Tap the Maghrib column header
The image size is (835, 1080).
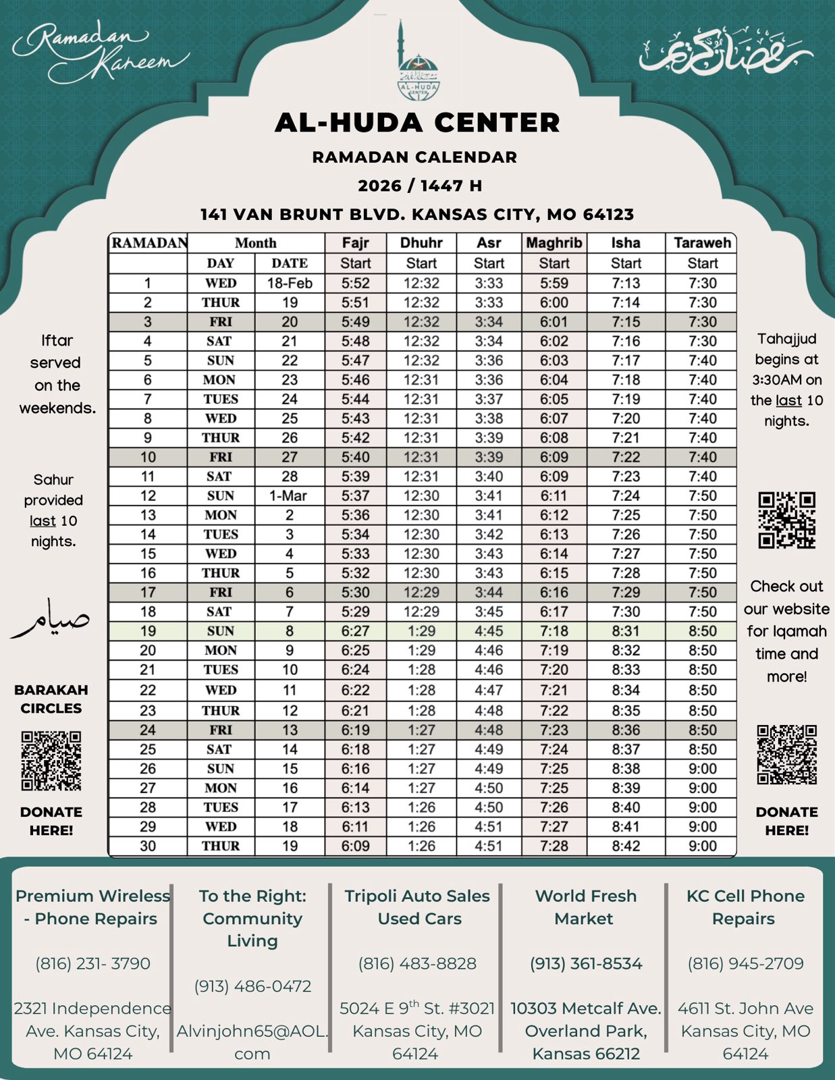click(x=554, y=243)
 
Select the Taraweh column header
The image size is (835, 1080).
click(x=702, y=243)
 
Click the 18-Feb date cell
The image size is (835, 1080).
click(x=290, y=283)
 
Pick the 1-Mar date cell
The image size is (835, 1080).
click(x=288, y=495)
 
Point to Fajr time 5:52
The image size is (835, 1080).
click(x=355, y=283)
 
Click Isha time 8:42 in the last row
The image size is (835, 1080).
click(x=626, y=846)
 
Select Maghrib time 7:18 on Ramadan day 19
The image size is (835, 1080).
click(x=554, y=631)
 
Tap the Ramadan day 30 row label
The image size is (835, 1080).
click(x=148, y=846)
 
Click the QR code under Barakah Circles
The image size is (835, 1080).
click(x=51, y=760)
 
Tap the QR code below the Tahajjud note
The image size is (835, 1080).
click(x=786, y=520)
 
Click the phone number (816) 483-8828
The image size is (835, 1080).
click(x=417, y=963)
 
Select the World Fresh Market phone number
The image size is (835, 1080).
click(x=586, y=963)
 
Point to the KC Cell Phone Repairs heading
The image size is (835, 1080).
click(x=745, y=907)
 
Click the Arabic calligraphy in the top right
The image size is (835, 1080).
click(x=725, y=51)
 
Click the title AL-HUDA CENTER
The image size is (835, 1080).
click(x=417, y=122)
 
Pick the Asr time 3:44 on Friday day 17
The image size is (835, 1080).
click(x=489, y=592)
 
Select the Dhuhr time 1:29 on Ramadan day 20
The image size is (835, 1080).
click(x=421, y=650)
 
